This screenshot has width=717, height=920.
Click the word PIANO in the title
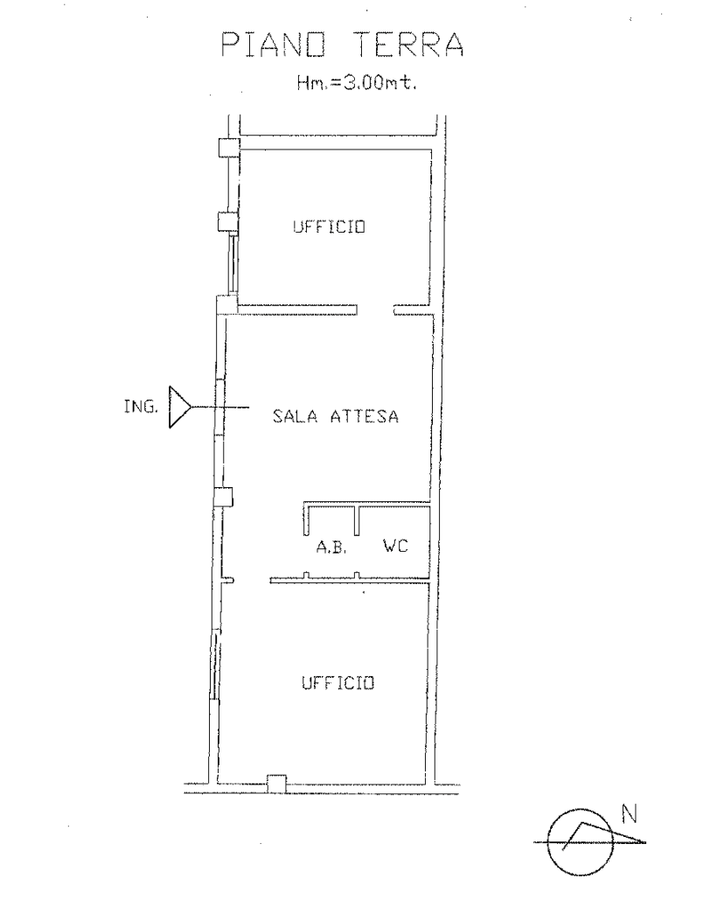coord(274,45)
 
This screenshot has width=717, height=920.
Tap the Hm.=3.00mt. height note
coord(357,83)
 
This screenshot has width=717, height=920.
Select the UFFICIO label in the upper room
coord(329,227)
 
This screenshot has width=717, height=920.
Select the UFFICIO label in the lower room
coord(338,683)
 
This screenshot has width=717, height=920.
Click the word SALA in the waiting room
coord(296,416)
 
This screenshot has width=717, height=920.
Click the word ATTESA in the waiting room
coord(365,416)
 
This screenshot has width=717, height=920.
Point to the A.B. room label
coord(331,548)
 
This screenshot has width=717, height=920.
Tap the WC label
coord(395,547)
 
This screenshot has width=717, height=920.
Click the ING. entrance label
coord(141,406)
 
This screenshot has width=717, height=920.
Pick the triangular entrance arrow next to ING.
coord(180,407)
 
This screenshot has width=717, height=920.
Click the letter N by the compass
coord(630,814)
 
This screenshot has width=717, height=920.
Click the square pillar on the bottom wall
coord(277,784)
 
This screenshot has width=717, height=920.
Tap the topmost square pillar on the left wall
coord(228,147)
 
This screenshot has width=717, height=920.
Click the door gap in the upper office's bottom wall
coord(375,310)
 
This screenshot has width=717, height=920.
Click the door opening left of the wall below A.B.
coord(252,581)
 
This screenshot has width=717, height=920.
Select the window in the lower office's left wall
coord(216,664)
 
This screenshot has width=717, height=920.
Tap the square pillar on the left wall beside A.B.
coord(223,497)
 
